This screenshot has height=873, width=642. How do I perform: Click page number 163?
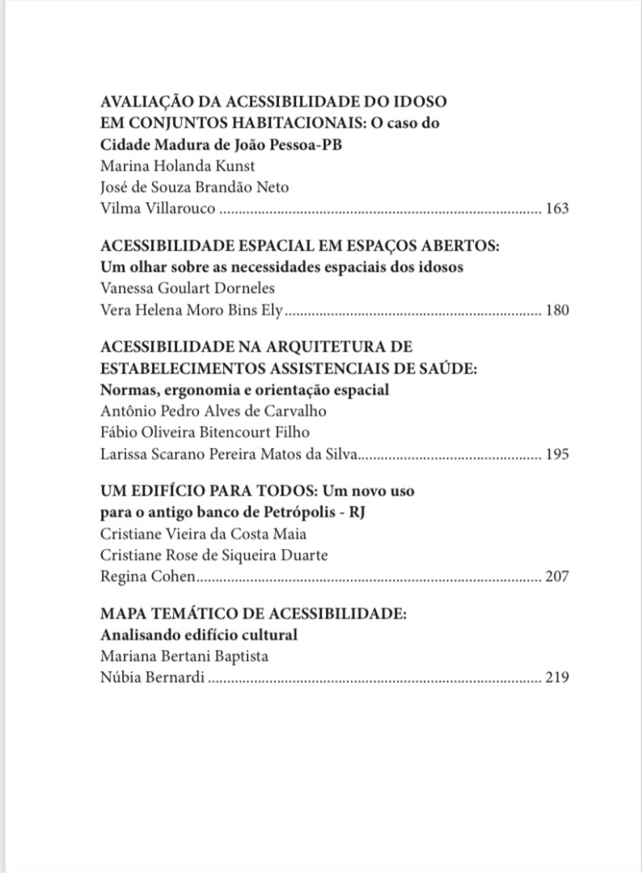557,209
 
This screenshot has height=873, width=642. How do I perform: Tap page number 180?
557,310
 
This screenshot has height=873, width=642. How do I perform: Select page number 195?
557,453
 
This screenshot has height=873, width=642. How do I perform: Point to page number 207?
557,576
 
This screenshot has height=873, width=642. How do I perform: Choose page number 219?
557,677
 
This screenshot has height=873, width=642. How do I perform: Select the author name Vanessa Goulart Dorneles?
188,288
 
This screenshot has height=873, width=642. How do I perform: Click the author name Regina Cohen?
148,576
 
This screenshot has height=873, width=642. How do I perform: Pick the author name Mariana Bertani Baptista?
184,656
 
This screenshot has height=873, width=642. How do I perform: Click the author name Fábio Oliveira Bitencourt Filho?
205,432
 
